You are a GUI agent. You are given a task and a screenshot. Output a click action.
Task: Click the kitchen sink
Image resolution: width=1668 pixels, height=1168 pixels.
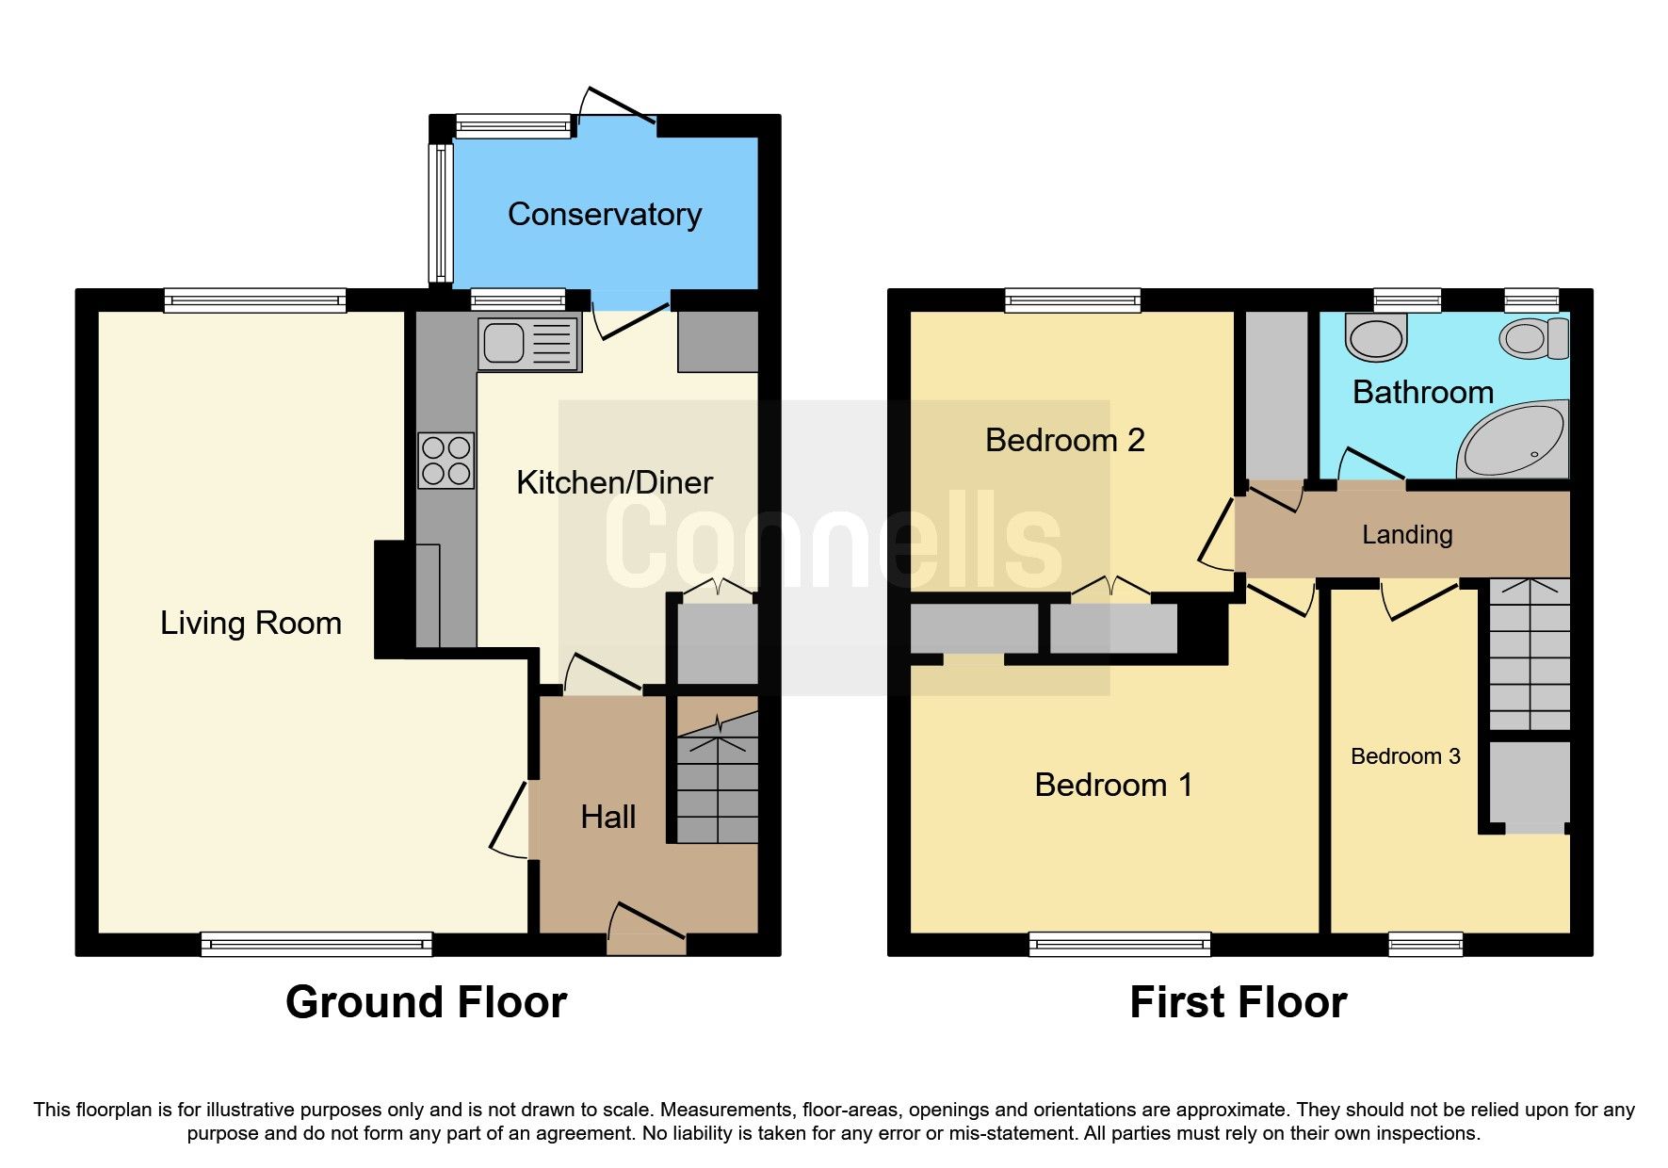tap(528, 343)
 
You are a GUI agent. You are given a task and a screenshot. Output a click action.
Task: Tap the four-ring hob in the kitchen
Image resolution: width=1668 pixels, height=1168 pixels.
tap(446, 461)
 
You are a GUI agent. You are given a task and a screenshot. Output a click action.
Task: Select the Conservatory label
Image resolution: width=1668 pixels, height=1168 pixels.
tap(605, 215)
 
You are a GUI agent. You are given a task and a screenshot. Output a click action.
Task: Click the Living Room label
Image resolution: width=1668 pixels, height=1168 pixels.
tap(251, 624)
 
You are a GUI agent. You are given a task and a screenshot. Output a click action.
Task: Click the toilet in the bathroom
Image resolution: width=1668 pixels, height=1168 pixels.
tap(1534, 338)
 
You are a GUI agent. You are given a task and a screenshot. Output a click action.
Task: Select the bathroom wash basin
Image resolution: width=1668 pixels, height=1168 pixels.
tap(1376, 337)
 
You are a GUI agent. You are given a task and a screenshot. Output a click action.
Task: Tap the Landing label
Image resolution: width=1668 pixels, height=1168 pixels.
tap(1407, 535)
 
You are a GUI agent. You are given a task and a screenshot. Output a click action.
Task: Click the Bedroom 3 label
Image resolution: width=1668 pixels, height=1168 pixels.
tap(1405, 756)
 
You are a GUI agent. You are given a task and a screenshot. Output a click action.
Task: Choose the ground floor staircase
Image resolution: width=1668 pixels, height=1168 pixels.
tap(718, 778)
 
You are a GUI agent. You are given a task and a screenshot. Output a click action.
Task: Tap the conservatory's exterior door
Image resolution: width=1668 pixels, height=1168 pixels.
tap(618, 105)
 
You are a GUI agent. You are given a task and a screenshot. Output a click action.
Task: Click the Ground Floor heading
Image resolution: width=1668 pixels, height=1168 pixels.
tap(426, 1002)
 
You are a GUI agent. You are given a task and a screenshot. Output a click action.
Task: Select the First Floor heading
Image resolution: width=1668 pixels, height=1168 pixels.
tap(1238, 1002)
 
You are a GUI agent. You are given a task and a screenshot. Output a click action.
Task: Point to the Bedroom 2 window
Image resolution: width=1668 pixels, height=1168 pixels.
tap(1073, 300)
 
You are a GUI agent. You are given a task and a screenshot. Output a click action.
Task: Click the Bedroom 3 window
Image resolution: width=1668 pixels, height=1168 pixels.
tap(1426, 944)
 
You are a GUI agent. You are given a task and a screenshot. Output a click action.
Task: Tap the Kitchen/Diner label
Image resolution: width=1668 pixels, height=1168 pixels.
tap(614, 483)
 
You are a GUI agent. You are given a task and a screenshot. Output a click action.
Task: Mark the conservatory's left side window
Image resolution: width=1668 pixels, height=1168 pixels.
tap(440, 213)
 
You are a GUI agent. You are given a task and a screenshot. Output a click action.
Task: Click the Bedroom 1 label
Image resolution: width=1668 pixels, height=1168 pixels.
tap(1113, 786)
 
